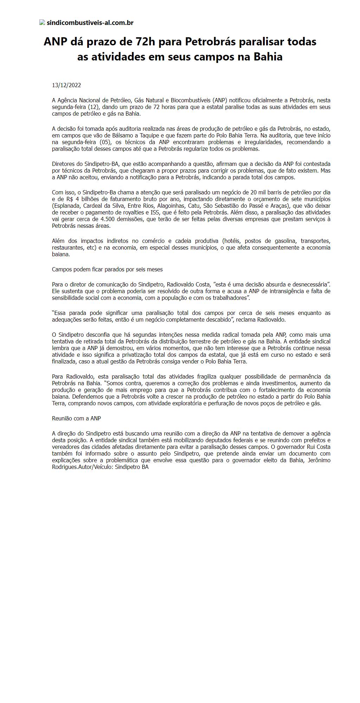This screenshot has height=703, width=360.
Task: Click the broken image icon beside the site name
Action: point(42,23)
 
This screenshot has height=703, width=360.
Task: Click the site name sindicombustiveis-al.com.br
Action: point(90,23)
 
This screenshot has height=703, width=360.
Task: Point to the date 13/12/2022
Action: point(66,85)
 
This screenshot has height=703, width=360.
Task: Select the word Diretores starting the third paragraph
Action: point(63,164)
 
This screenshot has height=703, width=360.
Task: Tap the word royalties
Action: point(139,212)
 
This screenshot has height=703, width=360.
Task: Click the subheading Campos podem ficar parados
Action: point(107,269)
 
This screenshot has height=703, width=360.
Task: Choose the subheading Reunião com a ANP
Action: point(76,418)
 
